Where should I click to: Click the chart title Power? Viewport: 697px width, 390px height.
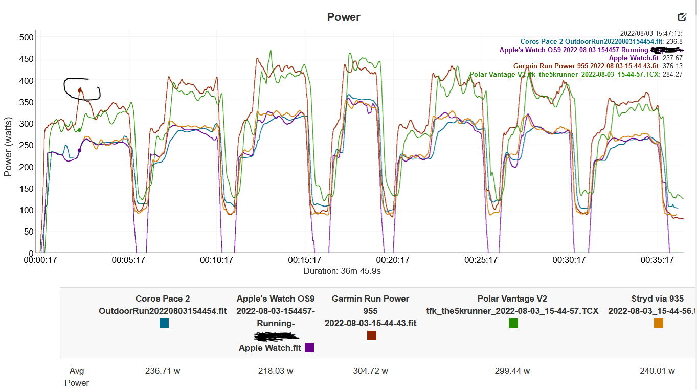click(344, 17)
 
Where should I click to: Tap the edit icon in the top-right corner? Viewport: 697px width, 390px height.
click(682, 17)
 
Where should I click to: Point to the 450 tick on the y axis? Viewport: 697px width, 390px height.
click(27, 59)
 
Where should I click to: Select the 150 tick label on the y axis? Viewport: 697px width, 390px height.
click(27, 189)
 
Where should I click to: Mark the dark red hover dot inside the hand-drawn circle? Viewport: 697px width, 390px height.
click(80, 90)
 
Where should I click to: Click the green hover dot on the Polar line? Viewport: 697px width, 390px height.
click(79, 130)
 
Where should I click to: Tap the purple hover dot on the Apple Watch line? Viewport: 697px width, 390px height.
click(79, 150)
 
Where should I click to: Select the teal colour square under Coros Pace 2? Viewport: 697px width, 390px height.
click(164, 323)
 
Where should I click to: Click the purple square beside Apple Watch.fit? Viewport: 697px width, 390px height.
click(309, 348)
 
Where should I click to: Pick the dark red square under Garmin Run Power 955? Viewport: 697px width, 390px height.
click(372, 335)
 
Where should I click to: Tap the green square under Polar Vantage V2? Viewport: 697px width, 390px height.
click(513, 323)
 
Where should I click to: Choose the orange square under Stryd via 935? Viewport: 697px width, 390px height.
click(658, 323)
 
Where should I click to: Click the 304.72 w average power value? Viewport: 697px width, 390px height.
click(370, 371)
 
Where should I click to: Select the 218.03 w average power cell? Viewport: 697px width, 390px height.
click(276, 371)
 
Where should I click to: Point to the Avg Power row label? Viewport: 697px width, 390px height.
click(77, 377)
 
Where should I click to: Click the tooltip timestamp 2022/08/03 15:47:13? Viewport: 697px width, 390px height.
click(651, 33)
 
